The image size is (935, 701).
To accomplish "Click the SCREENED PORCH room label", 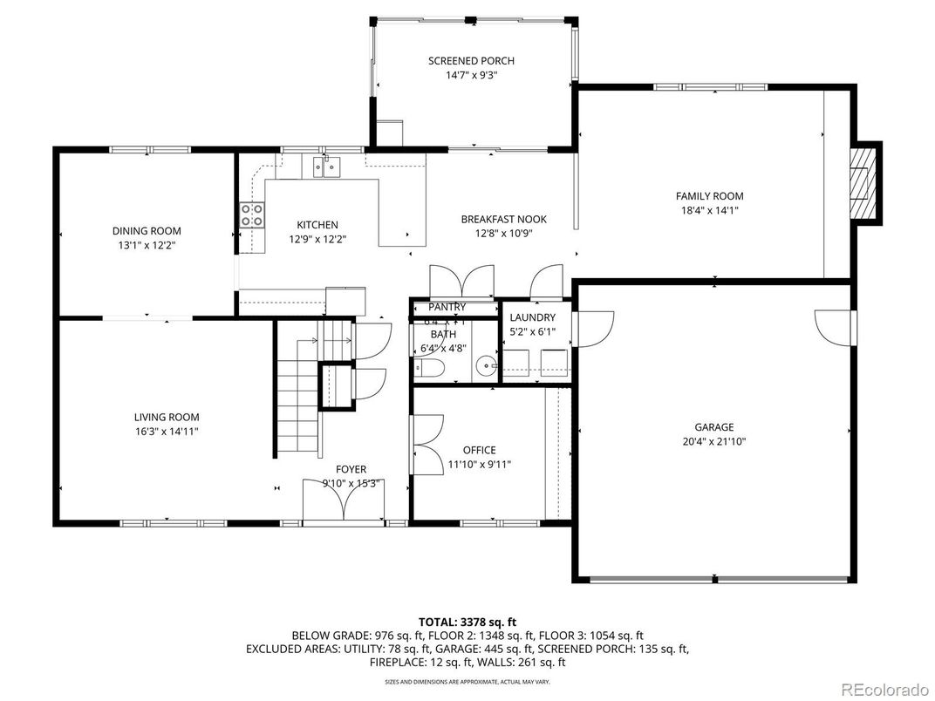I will coord(471,61).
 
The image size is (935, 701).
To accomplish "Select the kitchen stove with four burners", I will coord(252,214).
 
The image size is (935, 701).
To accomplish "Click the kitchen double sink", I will coord(327,166).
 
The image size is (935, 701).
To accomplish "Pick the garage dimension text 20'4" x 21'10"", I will coord(714,441).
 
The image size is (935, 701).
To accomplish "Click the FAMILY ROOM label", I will coord(710,196).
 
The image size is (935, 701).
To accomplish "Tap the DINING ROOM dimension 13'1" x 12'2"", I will coord(147,245).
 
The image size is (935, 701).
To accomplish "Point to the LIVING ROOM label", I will coord(167,417).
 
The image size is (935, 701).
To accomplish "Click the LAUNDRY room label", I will coord(532,317).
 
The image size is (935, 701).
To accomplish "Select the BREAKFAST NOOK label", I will coord(504,219).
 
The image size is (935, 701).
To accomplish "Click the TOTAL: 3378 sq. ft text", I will coord(467,622).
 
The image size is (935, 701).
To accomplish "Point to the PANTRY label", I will coord(447,307).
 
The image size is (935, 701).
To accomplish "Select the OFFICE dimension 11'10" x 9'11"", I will coord(479,464).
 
